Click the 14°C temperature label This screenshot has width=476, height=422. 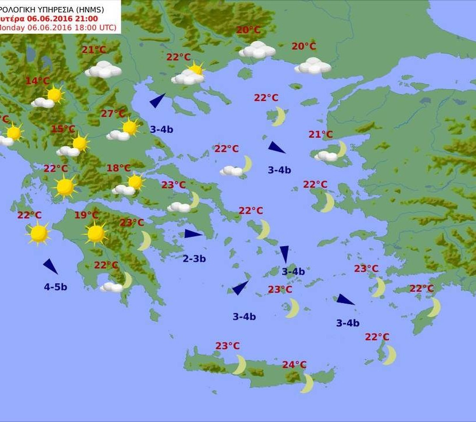click(x=38, y=81)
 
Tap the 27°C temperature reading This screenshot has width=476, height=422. click(x=113, y=114)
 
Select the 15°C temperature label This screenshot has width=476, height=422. click(x=63, y=129)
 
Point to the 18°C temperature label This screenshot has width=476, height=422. click(x=118, y=168)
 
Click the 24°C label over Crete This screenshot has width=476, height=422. click(x=294, y=365)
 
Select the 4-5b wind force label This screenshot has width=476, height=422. click(x=56, y=287)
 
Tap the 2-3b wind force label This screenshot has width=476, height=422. click(x=194, y=259)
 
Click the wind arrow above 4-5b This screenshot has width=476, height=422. click(x=51, y=266)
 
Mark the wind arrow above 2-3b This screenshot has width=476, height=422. click(x=193, y=234)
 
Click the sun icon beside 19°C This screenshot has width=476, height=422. click(x=96, y=233)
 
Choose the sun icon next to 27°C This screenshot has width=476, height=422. click(x=130, y=127)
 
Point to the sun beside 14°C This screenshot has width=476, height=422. click(x=55, y=95)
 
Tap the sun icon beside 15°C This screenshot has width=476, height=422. click(x=80, y=143)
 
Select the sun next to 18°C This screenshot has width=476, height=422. click(x=135, y=182)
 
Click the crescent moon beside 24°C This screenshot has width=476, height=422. click(x=308, y=383)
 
